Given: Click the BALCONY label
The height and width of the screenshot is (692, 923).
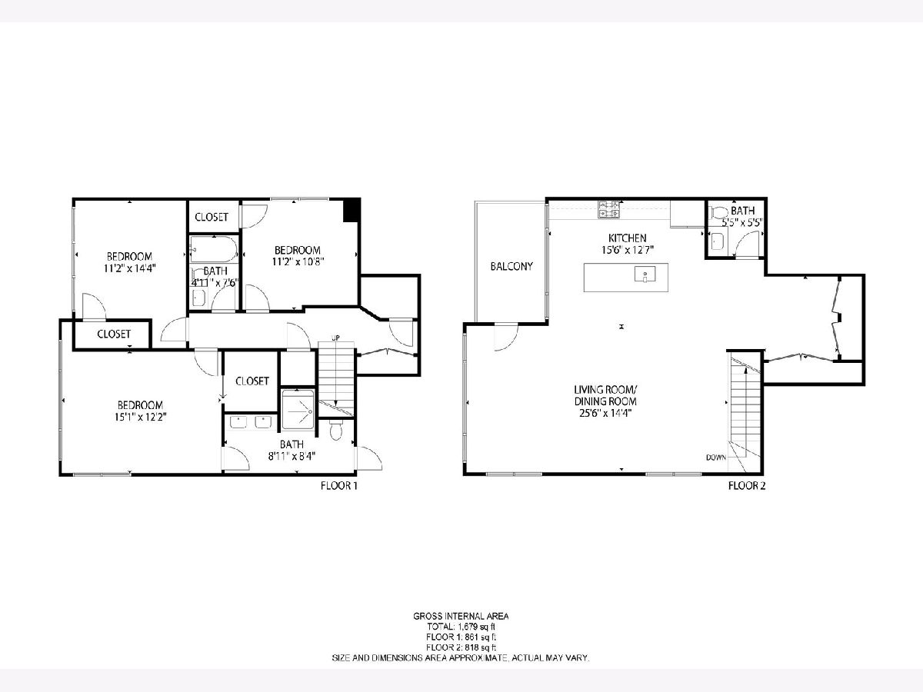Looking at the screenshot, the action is click(511, 266).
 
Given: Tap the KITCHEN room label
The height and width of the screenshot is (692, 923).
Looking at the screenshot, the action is click(627, 238).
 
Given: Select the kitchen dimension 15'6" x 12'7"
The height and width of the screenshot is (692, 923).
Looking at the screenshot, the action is click(628, 250).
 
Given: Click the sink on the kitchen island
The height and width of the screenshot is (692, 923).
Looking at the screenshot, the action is click(645, 274).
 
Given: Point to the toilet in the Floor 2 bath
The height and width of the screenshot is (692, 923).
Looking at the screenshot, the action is click(718, 213).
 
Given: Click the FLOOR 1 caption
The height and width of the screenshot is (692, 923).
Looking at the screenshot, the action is click(339, 486).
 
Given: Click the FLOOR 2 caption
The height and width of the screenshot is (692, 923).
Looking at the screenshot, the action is click(747, 486).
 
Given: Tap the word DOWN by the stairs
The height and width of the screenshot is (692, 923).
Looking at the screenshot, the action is click(716, 457).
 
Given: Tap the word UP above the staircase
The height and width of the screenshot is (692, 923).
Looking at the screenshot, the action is click(335, 338).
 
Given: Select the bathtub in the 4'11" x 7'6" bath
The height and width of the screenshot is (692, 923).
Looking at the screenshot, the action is click(214, 250).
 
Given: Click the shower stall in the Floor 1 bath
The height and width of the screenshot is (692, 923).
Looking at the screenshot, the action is click(298, 410).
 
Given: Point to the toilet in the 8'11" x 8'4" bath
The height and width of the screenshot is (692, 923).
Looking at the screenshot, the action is click(335, 430).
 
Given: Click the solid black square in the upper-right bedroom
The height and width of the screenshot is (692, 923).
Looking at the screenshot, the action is click(352, 211).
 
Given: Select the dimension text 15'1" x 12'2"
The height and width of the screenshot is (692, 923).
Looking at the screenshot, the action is click(141, 418).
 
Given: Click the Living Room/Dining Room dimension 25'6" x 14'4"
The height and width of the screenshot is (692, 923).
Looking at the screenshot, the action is click(605, 413).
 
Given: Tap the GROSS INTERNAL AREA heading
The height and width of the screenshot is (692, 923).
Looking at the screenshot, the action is click(461, 617).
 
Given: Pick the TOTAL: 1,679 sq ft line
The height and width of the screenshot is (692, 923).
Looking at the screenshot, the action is click(461, 627).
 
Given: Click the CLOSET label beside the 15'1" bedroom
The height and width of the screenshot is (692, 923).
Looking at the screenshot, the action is click(252, 381).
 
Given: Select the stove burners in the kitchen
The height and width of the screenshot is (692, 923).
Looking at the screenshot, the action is click(609, 210).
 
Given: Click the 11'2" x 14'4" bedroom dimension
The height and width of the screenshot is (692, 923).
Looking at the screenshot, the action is click(129, 268).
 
